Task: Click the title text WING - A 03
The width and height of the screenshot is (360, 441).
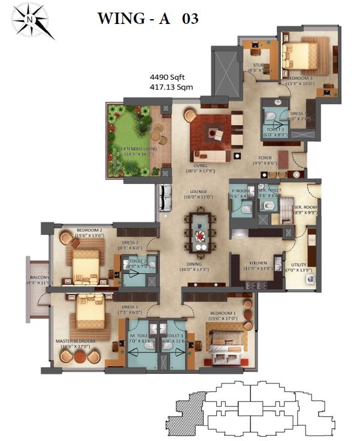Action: coord(147,19)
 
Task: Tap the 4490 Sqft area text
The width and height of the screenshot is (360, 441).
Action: coord(168,77)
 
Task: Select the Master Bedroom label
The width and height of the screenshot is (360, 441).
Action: coord(72,342)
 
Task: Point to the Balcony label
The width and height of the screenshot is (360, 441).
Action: coord(38,278)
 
